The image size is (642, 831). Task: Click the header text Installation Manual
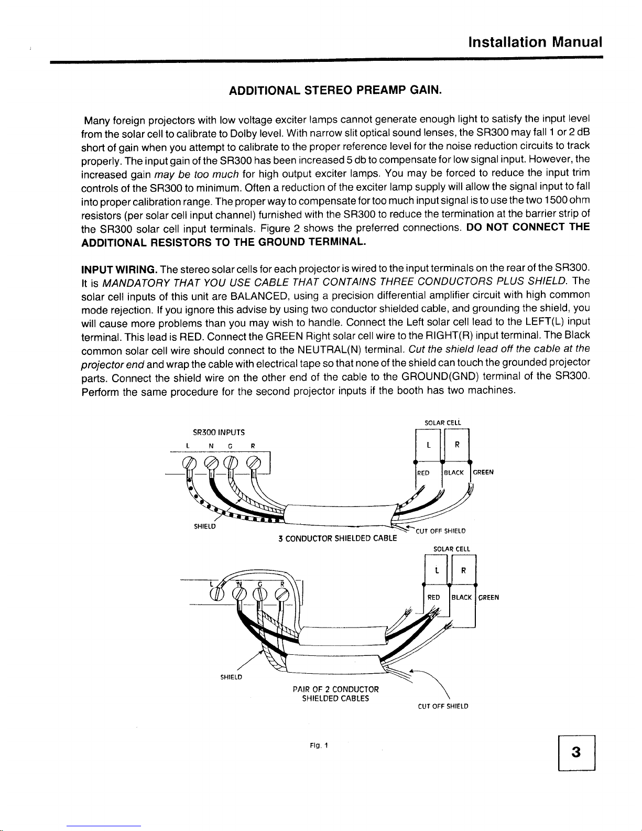tap(535, 41)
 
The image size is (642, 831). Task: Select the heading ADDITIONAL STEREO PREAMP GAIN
tap(336, 90)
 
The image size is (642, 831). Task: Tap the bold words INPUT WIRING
tap(119, 270)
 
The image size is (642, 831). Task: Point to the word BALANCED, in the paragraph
tap(257, 297)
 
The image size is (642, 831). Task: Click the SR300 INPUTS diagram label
tap(219, 433)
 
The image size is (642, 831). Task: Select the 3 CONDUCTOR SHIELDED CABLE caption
tap(338, 538)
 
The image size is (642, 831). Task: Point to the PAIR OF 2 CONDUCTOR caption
tap(336, 689)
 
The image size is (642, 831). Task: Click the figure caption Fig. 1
tap(318, 746)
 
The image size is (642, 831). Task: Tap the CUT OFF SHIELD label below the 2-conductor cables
tap(443, 706)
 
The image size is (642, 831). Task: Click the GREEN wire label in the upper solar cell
tap(483, 472)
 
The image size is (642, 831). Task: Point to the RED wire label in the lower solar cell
tap(434, 597)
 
